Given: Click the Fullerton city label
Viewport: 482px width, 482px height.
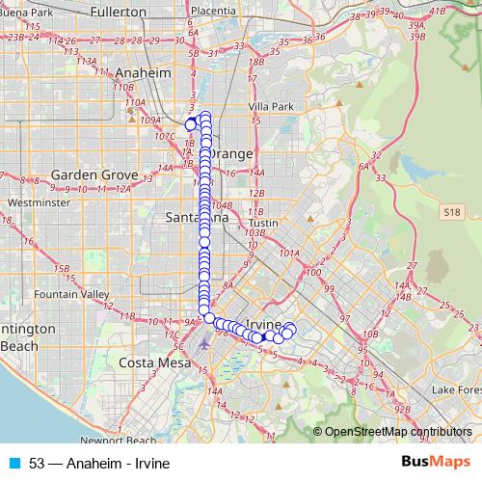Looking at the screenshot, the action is coord(114,13).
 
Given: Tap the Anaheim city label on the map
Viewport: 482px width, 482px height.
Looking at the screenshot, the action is coord(143,73).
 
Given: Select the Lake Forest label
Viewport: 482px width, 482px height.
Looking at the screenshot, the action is coord(456,389).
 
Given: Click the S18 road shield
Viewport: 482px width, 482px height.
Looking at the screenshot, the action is coord(454,209).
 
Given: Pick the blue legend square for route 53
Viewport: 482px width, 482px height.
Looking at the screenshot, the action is coord(13,463).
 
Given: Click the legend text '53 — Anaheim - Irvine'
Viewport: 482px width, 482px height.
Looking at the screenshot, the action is coord(99,463).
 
